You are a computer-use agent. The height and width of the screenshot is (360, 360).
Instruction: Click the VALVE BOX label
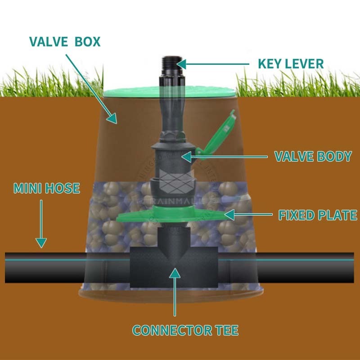tap(64, 41)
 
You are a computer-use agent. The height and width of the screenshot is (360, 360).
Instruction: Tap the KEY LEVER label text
tap(290, 63)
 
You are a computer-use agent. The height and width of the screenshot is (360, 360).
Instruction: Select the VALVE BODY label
tap(313, 157)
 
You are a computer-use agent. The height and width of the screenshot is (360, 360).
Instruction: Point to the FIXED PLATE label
tap(318, 215)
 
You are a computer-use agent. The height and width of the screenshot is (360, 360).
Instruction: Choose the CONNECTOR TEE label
tap(185, 331)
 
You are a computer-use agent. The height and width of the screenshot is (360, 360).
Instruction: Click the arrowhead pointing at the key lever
tap(181, 64)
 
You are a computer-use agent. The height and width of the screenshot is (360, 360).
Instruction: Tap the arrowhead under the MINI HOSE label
tap(41, 243)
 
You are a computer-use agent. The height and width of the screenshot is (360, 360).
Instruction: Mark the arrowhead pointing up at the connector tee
tap(175, 273)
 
